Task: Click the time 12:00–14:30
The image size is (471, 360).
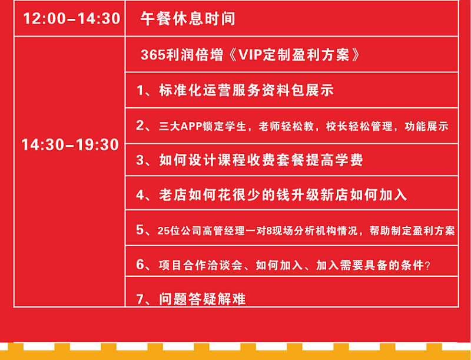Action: point(72,19)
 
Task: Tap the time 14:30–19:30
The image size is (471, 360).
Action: point(70,145)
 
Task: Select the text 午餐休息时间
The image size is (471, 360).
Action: point(188,19)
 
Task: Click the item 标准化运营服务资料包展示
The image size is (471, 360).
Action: point(246,91)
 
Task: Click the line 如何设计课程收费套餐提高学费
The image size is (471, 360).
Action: point(261,160)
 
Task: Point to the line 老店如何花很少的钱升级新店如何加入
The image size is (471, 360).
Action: point(283,195)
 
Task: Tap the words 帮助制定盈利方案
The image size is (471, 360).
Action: point(412,231)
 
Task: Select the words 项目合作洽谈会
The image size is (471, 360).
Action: point(200,266)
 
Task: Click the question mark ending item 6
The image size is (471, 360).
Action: point(428,266)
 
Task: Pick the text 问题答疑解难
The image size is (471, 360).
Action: point(203,299)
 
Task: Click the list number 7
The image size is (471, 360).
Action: point(139,299)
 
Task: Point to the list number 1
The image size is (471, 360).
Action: point(140,91)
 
